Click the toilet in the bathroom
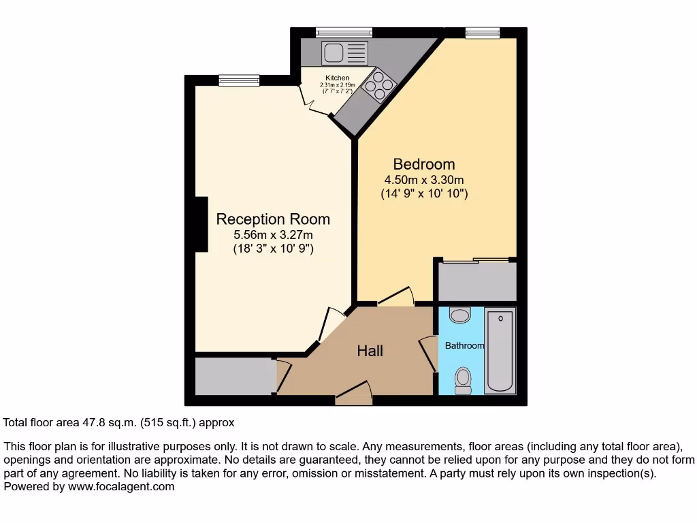pyautogui.click(x=464, y=378)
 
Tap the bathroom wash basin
pyautogui.click(x=461, y=315)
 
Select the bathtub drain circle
pyautogui.click(x=501, y=318)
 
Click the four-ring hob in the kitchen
pyautogui.click(x=380, y=86)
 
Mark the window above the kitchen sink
pyautogui.click(x=344, y=31)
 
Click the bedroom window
pyautogui.click(x=482, y=31)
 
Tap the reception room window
pyautogui.click(x=240, y=80)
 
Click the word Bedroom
pyautogui.click(x=424, y=164)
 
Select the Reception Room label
pyautogui.click(x=273, y=219)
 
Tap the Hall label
pyautogui.click(x=370, y=351)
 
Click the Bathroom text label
pyautogui.click(x=464, y=346)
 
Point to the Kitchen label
pyautogui.click(x=337, y=78)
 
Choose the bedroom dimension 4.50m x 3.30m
pyautogui.click(x=424, y=180)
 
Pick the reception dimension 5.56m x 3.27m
pyautogui.click(x=273, y=235)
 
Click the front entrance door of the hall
pyautogui.click(x=354, y=395)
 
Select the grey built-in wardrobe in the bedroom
pyautogui.click(x=476, y=281)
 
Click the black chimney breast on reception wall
pyautogui.click(x=201, y=224)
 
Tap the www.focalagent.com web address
pyautogui.click(x=121, y=487)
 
